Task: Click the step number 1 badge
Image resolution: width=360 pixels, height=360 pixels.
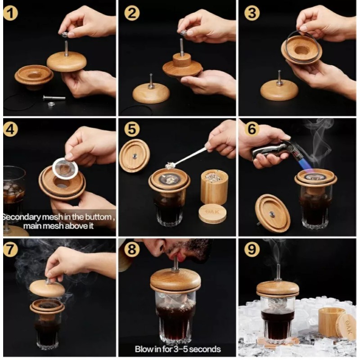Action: pyautogui.click(x=10, y=13)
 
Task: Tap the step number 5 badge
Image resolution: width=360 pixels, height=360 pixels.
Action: pyautogui.click(x=132, y=129)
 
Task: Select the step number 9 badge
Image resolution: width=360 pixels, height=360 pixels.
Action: pyautogui.click(x=252, y=249)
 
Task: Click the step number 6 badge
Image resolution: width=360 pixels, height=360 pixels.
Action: pyautogui.click(x=252, y=129)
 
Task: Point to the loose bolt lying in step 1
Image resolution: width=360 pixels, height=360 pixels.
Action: pyautogui.click(x=54, y=98)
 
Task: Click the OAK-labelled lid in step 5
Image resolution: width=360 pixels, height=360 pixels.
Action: pyautogui.click(x=212, y=213)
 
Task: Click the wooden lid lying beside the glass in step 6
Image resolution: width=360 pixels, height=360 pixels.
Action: pyautogui.click(x=273, y=213)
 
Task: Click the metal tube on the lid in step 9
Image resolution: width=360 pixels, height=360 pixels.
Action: pyautogui.click(x=278, y=272)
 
